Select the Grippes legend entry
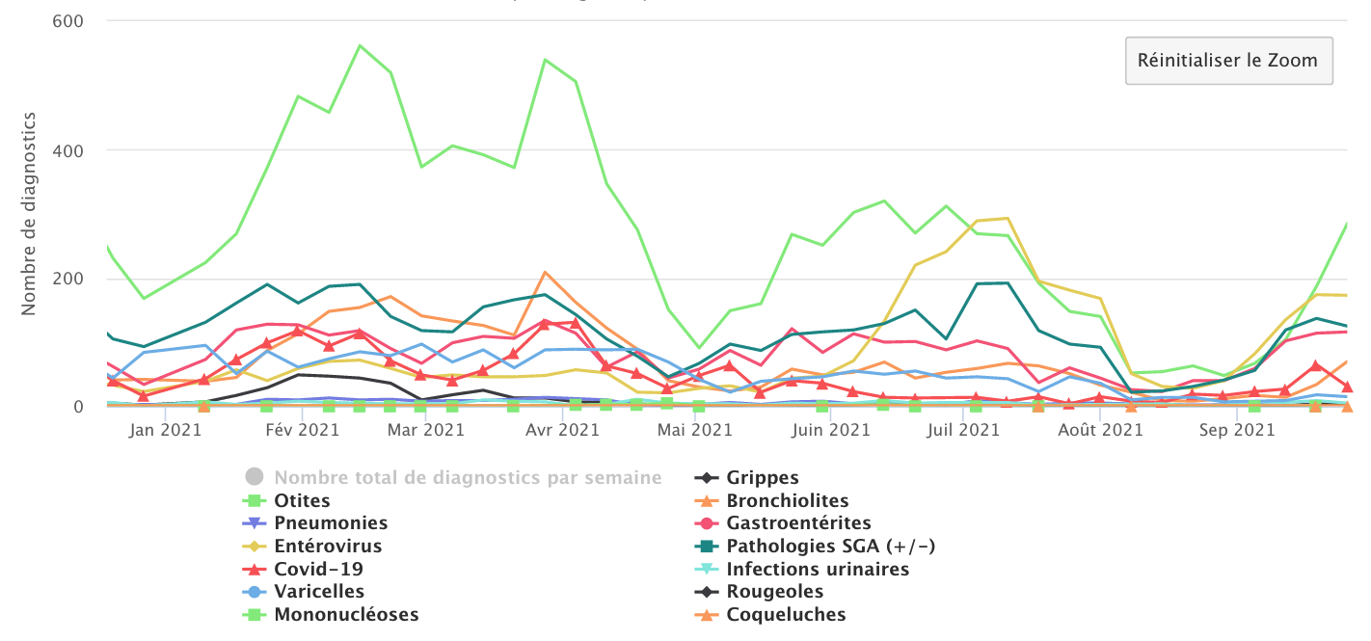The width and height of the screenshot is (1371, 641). pos(763,478)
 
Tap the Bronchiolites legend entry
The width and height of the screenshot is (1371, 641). pos(788,501)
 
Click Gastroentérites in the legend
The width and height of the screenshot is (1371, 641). pos(798,523)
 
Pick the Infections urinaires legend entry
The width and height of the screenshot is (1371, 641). pos(818,570)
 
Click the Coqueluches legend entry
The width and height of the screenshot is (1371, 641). pos(786,615)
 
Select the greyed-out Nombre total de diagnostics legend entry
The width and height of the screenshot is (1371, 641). pos(468,478)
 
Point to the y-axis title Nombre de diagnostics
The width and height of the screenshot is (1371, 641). pos(29,213)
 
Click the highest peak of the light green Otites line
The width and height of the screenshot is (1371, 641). pos(360,45)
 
